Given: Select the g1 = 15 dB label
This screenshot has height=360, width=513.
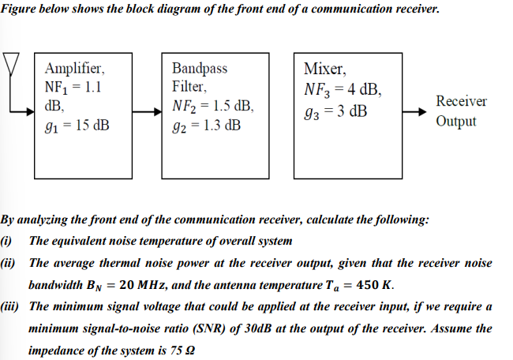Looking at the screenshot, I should click(x=77, y=125).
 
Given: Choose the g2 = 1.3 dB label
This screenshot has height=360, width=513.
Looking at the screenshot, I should click(x=207, y=125).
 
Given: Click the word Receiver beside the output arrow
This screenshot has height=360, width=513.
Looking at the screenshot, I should click(x=461, y=102).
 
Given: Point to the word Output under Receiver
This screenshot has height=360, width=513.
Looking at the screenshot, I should click(x=455, y=122).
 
